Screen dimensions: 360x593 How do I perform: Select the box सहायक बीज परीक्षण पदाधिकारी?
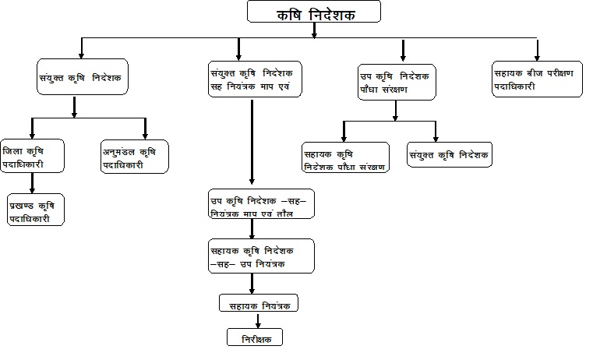pos(537,78)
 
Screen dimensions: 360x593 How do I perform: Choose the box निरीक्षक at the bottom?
pos(254,337)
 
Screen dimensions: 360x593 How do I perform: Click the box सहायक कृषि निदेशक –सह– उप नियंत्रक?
pos(260,257)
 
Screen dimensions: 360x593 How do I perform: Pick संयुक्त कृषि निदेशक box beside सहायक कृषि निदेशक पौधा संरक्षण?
pos(450,154)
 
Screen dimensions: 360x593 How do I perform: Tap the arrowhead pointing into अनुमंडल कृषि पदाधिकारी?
pos(145,134)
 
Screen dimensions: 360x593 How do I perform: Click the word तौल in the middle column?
pos(284,213)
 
